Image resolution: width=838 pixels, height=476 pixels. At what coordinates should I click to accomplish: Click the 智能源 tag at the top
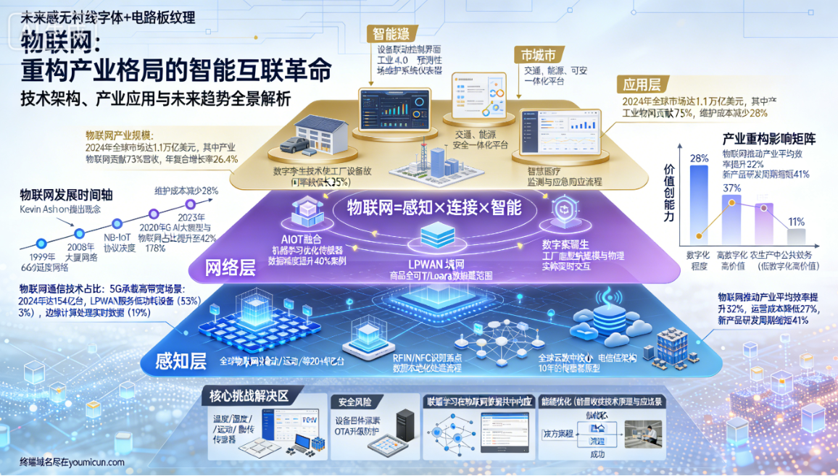391,33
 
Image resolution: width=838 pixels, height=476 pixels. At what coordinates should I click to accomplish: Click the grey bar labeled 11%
797,236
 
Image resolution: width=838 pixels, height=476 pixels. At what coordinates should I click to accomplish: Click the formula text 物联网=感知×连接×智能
434,208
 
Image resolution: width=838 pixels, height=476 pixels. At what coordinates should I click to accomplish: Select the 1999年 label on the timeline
41,258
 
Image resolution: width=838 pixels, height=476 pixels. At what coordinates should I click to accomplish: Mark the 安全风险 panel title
352,401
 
